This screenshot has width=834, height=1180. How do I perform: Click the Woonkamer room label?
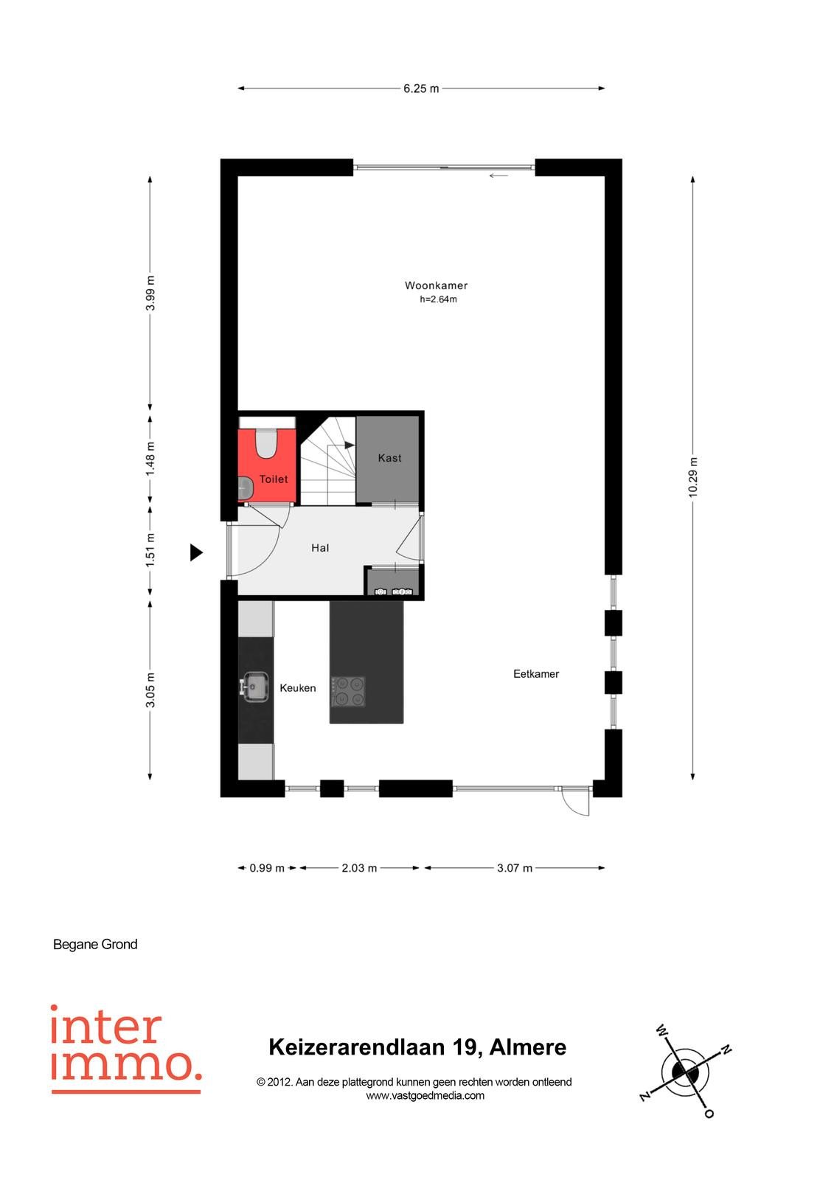click(x=436, y=285)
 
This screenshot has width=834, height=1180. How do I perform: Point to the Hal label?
click(x=320, y=548)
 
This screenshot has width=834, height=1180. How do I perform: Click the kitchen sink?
click(x=254, y=687)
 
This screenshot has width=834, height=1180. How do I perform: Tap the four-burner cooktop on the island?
click(x=348, y=692)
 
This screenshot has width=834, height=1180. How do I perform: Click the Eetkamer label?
click(x=536, y=674)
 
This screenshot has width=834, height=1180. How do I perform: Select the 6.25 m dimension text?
click(x=421, y=88)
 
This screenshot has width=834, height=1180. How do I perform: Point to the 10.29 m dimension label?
click(x=693, y=476)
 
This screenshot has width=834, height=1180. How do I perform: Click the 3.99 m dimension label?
click(x=150, y=293)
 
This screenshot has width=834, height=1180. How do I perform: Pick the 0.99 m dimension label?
click(x=267, y=867)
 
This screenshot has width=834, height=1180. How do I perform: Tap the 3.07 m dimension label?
click(x=514, y=867)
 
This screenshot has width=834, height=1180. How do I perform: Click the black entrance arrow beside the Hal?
click(x=196, y=552)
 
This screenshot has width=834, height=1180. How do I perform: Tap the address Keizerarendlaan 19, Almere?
click(x=417, y=1047)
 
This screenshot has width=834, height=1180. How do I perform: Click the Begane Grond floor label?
click(x=95, y=945)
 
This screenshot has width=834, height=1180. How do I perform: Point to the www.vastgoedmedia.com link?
click(x=425, y=1096)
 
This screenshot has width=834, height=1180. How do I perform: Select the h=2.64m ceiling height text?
click(x=438, y=299)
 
